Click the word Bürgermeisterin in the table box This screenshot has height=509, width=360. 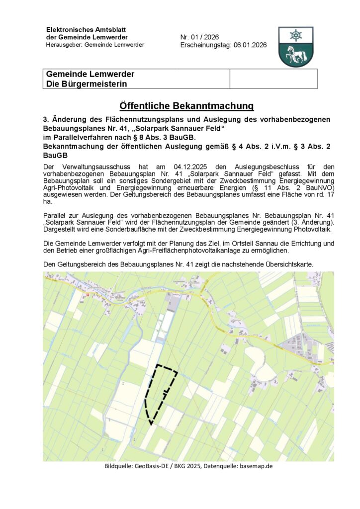[x=94, y=84]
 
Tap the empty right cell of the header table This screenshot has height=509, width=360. [x=273, y=79]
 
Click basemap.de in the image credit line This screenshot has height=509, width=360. [x=256, y=466]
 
